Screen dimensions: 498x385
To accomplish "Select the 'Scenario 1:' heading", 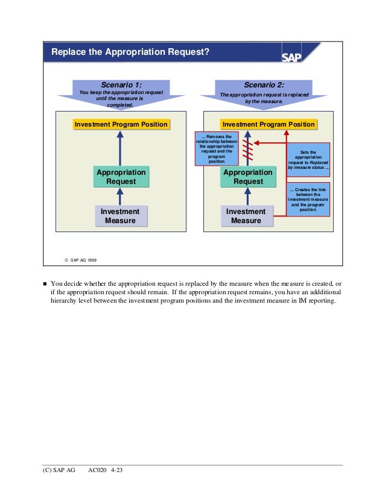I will pos(121,85).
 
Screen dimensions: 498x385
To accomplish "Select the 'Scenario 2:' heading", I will pos(264,85).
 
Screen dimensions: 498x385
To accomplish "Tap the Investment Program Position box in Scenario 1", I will pos(121,125).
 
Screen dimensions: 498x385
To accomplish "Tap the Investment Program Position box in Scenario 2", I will pos(269,125).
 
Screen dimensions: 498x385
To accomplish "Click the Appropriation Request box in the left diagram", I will pos(121,177).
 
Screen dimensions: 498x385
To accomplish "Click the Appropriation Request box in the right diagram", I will pos(248,177).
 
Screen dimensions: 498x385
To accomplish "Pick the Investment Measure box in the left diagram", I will pos(121,216).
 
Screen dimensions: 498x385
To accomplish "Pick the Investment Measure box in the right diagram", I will pos(246,216).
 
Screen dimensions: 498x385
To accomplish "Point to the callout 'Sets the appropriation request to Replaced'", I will pos(308,160).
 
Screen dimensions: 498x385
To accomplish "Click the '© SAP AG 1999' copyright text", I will pos(80,260).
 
